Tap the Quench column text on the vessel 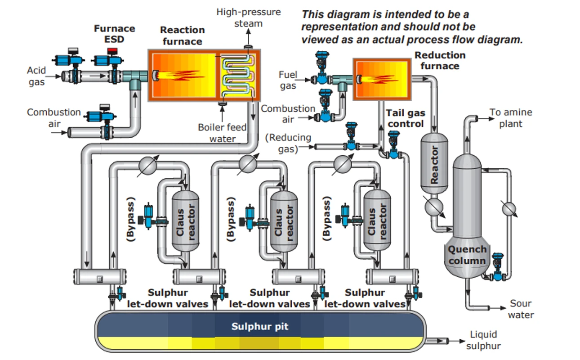point(467,255)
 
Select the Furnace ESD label point(114,34)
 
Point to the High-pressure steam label point(248,18)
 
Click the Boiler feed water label point(222,133)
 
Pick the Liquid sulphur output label point(483,340)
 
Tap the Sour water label point(521,309)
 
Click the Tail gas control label point(406,118)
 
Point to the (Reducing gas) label point(288,143)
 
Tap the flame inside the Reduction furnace point(378,79)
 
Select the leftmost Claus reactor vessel point(185,221)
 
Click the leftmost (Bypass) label point(131,219)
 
